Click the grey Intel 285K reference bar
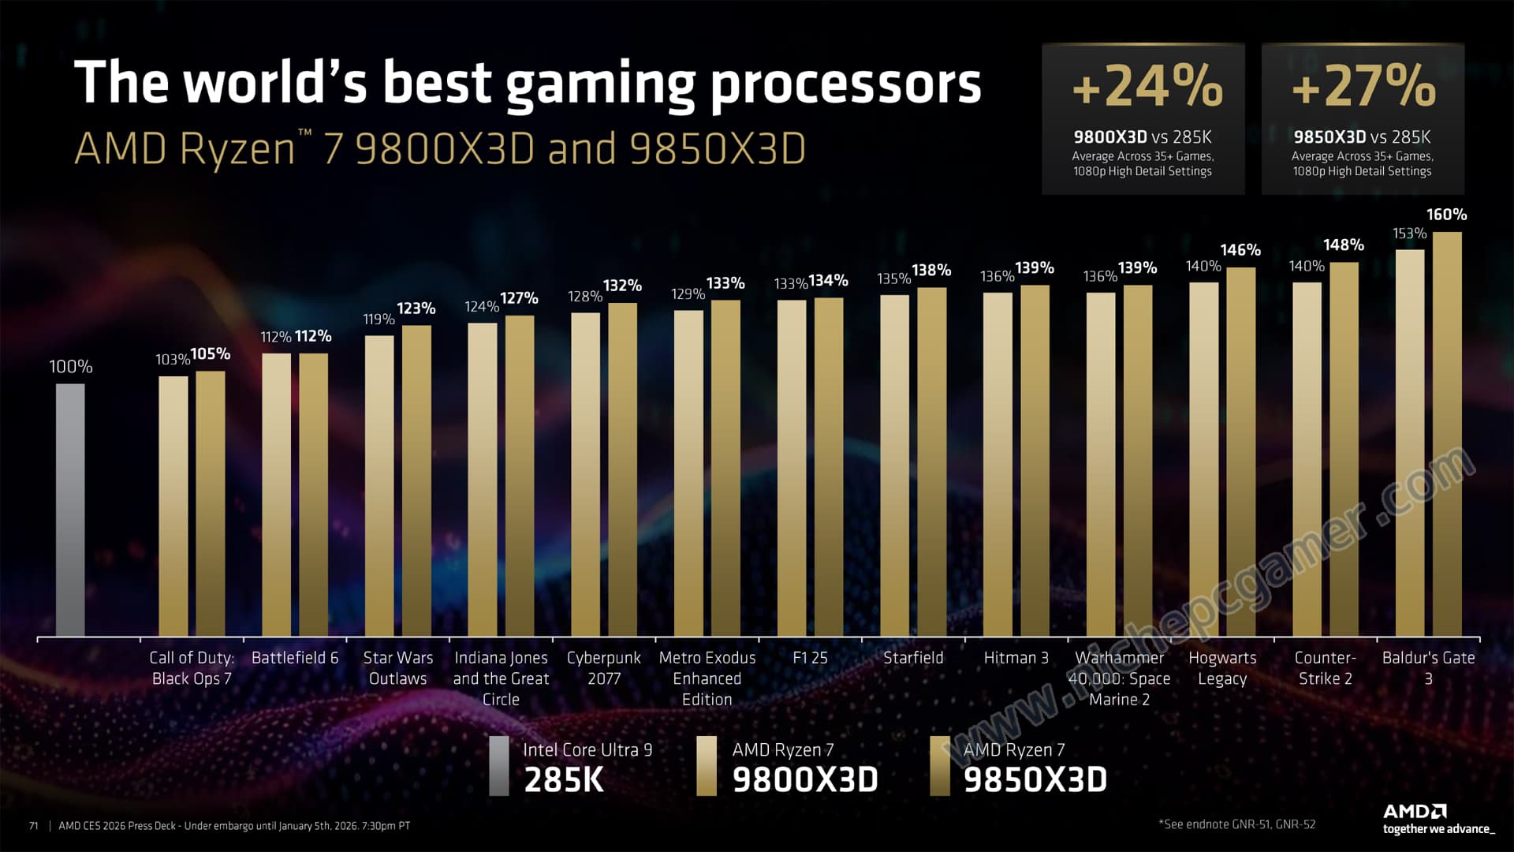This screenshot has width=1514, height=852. tap(70, 510)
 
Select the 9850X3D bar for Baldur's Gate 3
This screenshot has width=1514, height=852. tap(1447, 434)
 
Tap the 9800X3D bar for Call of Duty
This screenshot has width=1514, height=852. tap(173, 506)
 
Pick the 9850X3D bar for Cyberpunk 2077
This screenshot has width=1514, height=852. tap(622, 469)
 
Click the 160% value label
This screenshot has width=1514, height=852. tap(1446, 215)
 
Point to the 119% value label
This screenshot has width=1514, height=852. tap(378, 319)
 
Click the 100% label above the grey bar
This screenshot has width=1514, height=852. tap(71, 367)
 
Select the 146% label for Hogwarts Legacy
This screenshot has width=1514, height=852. tap(1240, 250)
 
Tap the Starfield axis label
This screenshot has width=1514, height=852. tap(913, 658)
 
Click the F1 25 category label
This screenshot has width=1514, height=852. tap(810, 658)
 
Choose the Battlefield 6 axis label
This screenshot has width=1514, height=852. tap(295, 658)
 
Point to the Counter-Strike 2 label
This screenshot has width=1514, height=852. tap(1325, 668)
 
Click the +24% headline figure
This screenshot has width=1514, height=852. tap(1147, 86)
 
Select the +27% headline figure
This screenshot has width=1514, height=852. tap(1363, 86)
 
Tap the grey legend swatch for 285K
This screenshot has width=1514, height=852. tap(498, 766)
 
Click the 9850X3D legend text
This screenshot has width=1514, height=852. tap(1035, 779)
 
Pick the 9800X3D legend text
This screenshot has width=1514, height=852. tap(804, 779)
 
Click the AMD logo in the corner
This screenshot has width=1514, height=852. tap(1415, 812)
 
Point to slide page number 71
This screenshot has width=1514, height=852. tap(33, 826)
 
